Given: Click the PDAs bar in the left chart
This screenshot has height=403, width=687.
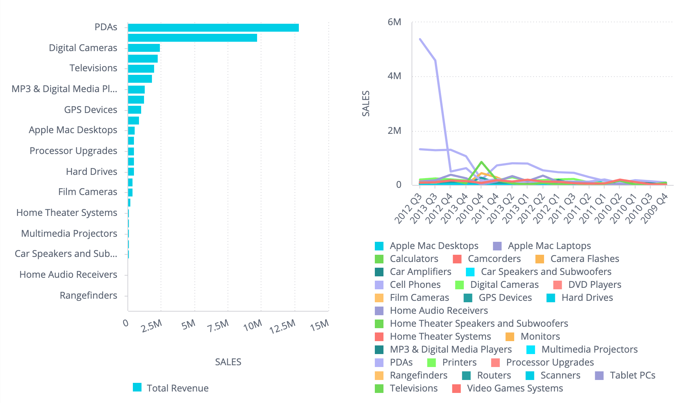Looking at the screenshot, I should point(213,28).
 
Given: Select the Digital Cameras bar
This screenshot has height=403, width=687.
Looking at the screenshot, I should point(144,48).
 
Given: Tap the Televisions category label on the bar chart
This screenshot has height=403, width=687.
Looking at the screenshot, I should point(93,68).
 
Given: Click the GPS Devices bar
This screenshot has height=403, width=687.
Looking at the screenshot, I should point(134,110).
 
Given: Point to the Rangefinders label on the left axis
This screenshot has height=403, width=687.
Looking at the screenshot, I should point(88,295).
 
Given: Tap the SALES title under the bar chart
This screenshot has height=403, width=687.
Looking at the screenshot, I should point(228,362).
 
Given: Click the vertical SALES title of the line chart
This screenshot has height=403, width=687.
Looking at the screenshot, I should point(366,104).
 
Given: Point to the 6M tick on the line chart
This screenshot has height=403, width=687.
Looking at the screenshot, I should point(394,22).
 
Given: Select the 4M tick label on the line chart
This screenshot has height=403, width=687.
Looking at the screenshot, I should point(394,76).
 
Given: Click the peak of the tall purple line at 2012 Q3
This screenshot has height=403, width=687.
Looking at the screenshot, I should point(420,39).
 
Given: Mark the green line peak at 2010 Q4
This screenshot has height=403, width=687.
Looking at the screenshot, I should point(481,162).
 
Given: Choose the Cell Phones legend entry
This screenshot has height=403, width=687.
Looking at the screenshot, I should point(415,285).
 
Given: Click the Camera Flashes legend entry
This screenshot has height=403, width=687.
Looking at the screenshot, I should point(584,259).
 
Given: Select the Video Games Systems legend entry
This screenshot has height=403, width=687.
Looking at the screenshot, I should point(515,388).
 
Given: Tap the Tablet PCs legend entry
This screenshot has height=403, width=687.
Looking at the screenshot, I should point(632,375).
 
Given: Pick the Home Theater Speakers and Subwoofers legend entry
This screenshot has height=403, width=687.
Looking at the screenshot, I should point(479,323).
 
